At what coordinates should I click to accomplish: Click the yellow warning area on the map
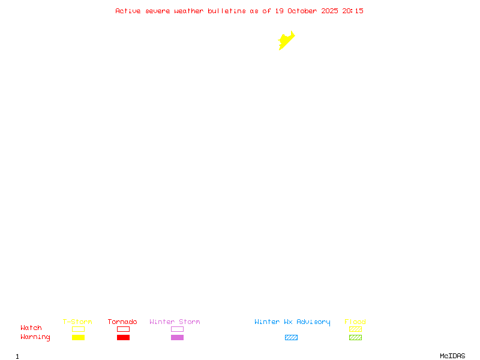pos(286,41)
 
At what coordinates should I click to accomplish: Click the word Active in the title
pos(128,11)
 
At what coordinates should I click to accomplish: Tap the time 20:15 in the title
pos(353,11)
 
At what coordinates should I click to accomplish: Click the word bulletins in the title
pos(227,11)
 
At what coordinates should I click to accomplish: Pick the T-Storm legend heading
pos(77,322)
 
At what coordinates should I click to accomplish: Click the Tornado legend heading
pos(122,322)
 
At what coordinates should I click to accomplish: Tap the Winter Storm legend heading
pos(175,322)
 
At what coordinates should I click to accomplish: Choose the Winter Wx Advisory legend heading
pos(292,322)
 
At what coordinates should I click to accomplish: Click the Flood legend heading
pos(355,322)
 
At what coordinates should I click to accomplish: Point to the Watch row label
pos(31,328)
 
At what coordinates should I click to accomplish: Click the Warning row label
pos(35,337)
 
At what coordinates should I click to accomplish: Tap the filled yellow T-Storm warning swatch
pos(78,338)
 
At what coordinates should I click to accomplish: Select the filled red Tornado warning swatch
pos(123,338)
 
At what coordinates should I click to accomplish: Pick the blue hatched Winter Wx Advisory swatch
pos(291,338)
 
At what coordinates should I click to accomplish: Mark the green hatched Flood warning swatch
pos(355,338)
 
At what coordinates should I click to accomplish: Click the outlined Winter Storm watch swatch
pos(177,329)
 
